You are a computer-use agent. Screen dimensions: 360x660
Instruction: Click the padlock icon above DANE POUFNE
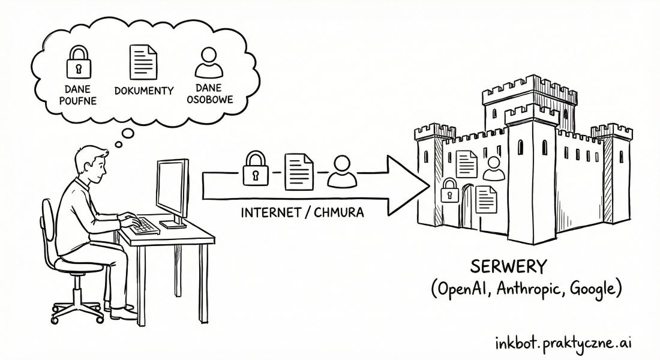pos(79,62)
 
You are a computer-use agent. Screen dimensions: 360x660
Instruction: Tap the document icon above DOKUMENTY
pos(143,62)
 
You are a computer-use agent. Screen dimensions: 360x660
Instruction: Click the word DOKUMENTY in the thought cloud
pos(144,91)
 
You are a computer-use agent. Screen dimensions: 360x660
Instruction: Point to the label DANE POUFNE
pos(78,94)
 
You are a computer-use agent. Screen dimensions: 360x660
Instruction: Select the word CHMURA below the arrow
pos(341,212)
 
